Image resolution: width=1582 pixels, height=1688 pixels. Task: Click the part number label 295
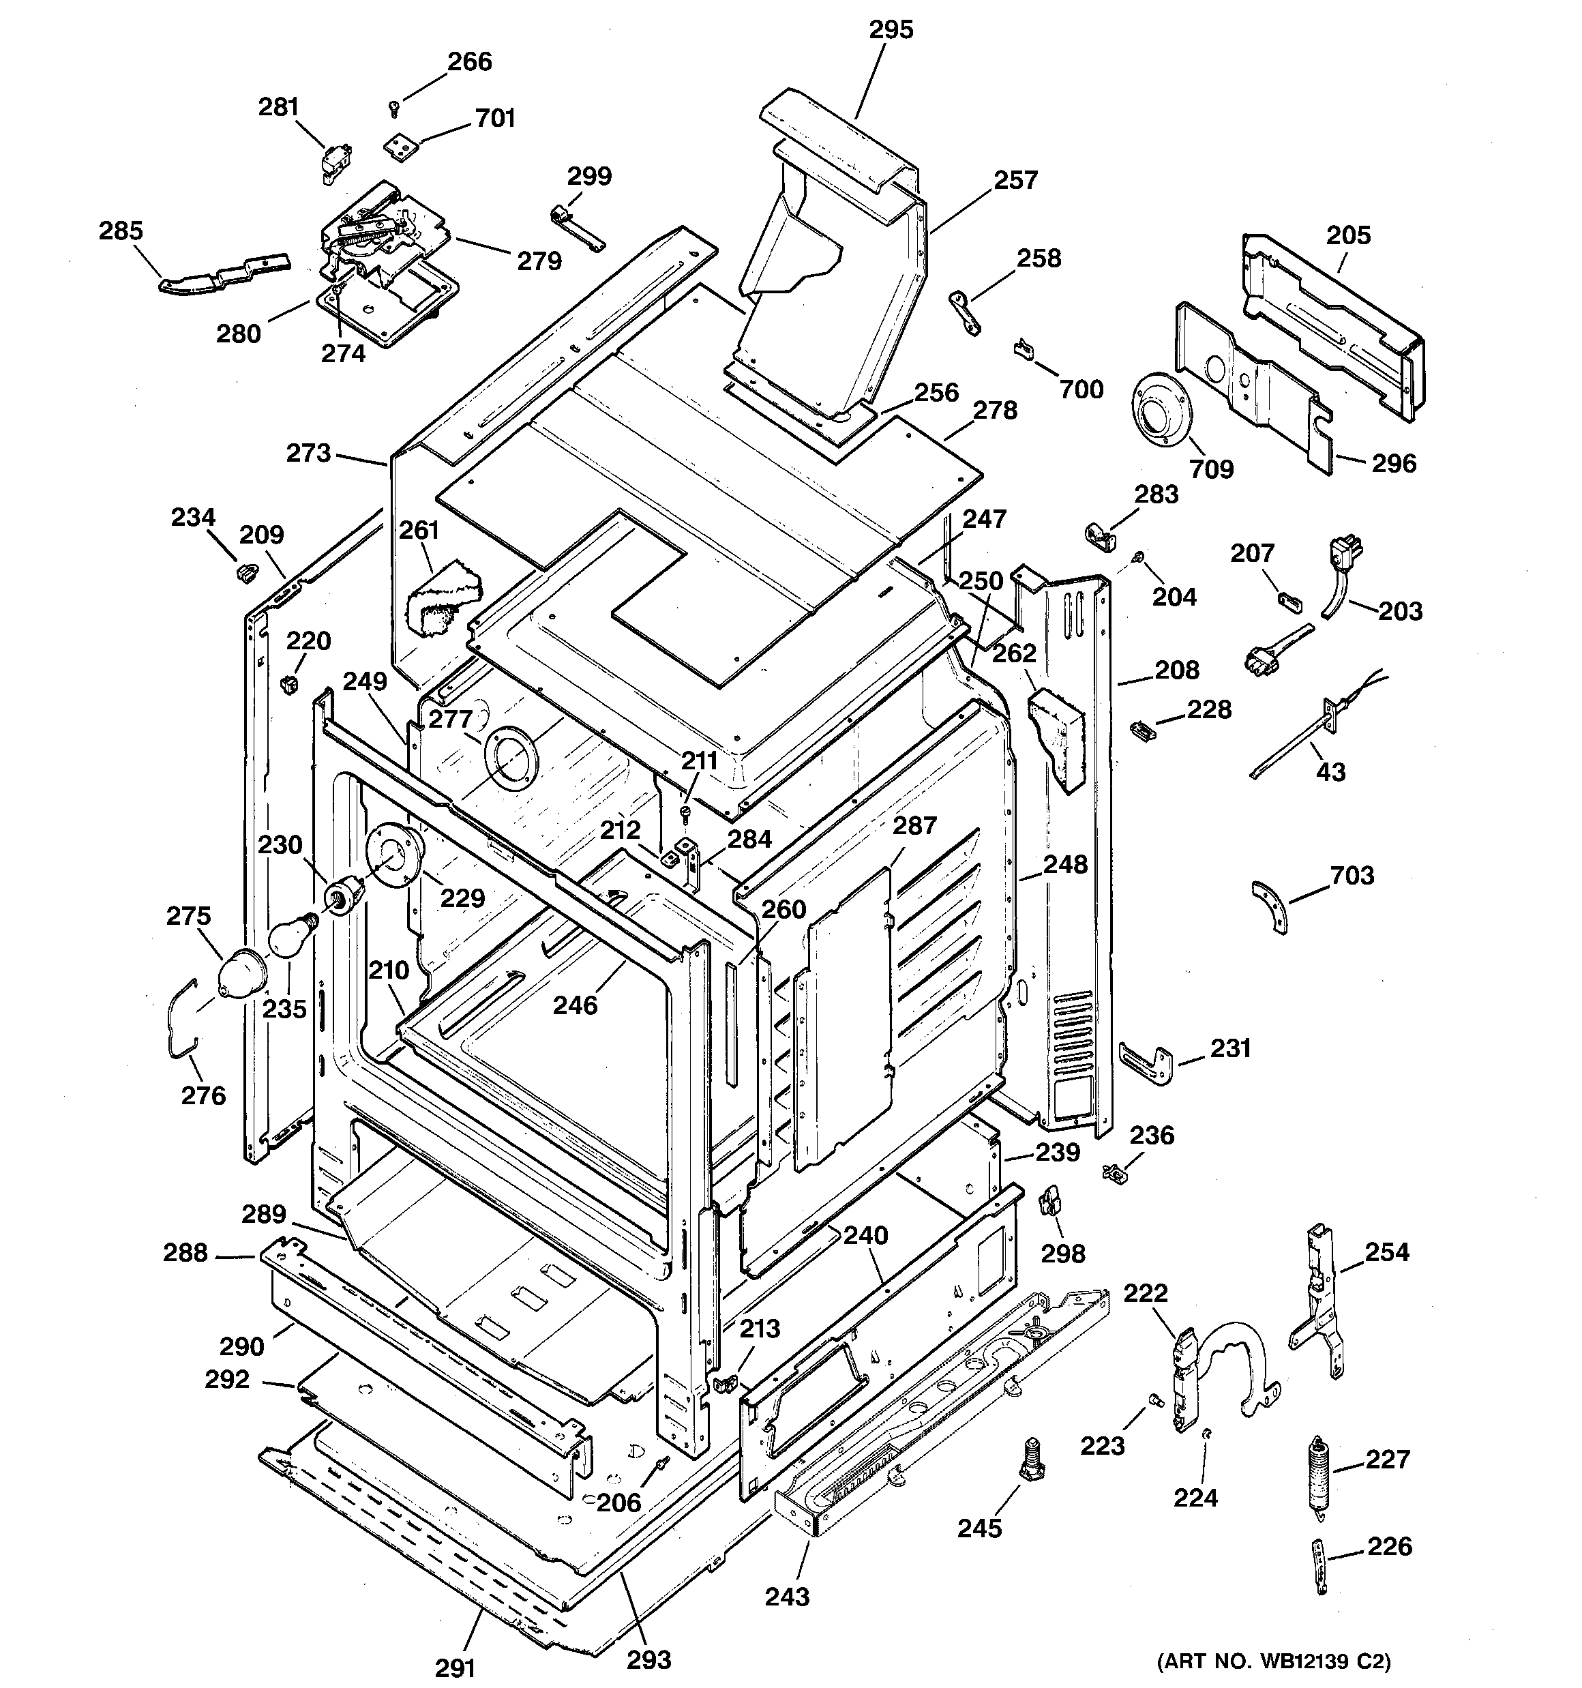(x=891, y=30)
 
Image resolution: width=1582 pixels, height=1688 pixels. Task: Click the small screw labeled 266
(x=393, y=108)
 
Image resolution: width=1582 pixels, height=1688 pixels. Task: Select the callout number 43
(x=1330, y=772)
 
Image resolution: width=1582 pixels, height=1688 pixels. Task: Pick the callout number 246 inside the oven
(x=575, y=1005)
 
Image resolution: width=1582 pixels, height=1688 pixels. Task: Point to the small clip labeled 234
(x=246, y=572)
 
